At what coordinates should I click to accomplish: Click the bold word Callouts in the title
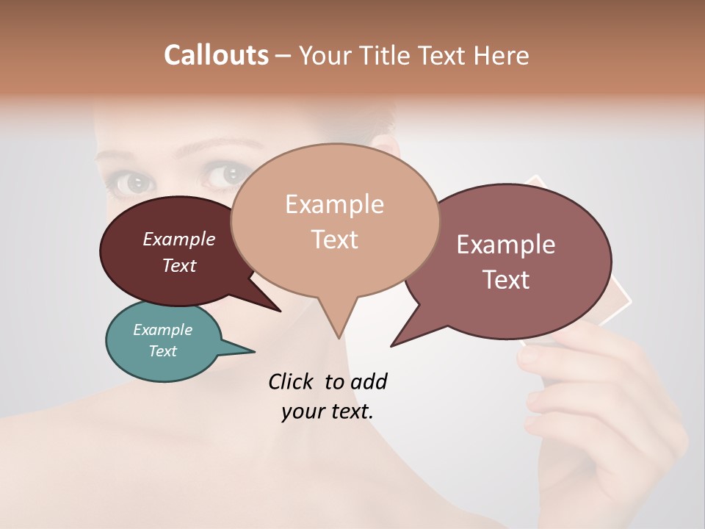coord(216,55)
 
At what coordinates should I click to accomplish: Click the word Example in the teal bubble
coord(162,330)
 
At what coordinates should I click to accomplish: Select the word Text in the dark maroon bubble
coord(179,266)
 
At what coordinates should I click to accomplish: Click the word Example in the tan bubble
coord(334,204)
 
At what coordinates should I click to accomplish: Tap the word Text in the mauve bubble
coord(505,280)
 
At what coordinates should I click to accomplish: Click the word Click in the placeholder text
coord(292,381)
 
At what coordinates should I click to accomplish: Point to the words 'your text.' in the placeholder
coord(328,412)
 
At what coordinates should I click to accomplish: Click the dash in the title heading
coord(284,56)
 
